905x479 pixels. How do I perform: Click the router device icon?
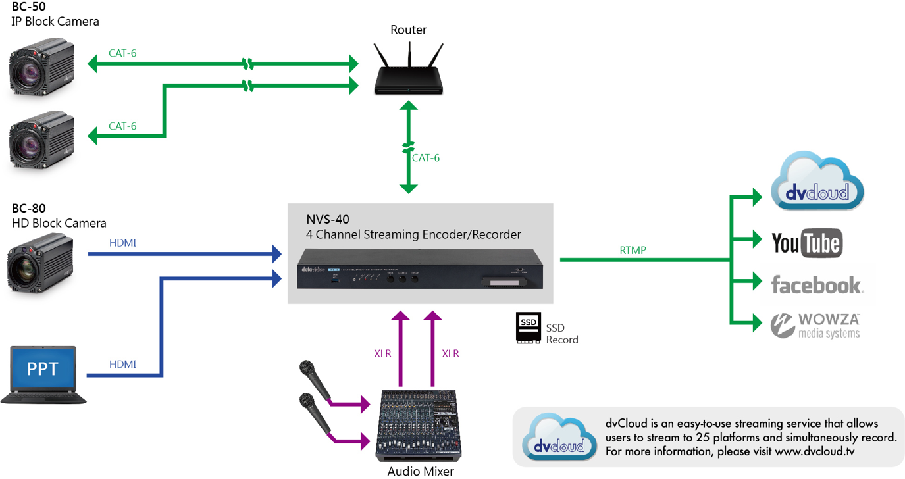pyautogui.click(x=409, y=70)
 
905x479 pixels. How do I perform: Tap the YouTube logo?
pyautogui.click(x=807, y=243)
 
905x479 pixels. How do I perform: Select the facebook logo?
pyautogui.click(x=817, y=284)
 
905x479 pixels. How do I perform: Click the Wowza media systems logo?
pyautogui.click(x=815, y=324)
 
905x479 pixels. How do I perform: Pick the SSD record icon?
pyautogui.click(x=529, y=328)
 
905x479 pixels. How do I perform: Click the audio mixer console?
pyautogui.click(x=419, y=425)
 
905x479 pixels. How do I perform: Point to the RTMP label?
pyautogui.click(x=633, y=250)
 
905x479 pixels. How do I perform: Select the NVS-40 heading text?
pyautogui.click(x=328, y=220)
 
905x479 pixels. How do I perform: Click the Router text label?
pyautogui.click(x=408, y=30)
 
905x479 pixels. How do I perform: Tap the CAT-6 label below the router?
pyautogui.click(x=426, y=158)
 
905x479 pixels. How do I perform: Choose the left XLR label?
pyautogui.click(x=382, y=353)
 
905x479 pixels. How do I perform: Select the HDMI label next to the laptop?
pyautogui.click(x=122, y=364)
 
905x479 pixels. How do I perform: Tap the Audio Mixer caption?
pyautogui.click(x=421, y=471)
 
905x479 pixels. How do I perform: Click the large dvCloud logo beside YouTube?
pyautogui.click(x=817, y=182)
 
